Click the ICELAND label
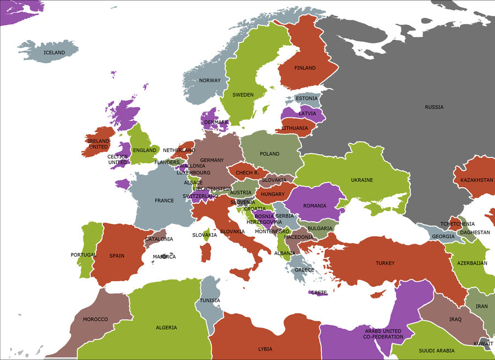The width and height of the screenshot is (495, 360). tap(54, 53)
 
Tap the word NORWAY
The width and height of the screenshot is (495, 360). tap(210, 80)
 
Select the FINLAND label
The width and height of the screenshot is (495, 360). tap(305, 68)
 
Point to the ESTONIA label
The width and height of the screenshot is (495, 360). tap(306, 99)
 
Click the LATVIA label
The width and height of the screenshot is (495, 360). tap(307, 113)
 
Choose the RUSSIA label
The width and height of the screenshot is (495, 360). tap(434, 107)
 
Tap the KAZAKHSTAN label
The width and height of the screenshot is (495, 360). tap(473, 180)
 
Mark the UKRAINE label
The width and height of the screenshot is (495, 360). tap(362, 180)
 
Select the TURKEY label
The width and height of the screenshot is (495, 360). tap(385, 263)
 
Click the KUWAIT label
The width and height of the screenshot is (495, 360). tap(483, 343)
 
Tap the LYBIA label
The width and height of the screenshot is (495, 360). tap(265, 349)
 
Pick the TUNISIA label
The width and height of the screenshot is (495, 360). tap(210, 301)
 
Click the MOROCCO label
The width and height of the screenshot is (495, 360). tap(95, 319)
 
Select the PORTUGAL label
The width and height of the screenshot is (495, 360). tap(84, 255)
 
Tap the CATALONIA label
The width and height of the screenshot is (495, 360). tap(159, 239)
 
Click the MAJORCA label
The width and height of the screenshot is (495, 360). tap(164, 257)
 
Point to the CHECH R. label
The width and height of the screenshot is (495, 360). tap(247, 173)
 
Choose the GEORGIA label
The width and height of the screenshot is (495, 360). tap(443, 237)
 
